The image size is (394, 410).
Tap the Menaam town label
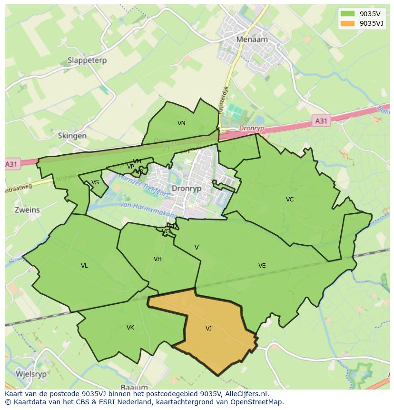click(252, 40)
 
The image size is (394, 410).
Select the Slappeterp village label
click(87, 60)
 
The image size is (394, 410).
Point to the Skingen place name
click(72, 136)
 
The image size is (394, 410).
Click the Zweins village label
click(27, 210)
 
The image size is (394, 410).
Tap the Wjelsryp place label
click(31, 374)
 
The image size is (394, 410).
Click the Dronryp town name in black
click(187, 189)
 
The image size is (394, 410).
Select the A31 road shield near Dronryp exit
click(321, 121)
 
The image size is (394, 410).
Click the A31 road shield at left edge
click(11, 164)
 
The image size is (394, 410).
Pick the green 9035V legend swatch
click(348, 14)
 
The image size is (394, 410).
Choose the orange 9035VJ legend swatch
click(348, 23)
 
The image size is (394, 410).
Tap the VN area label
click(181, 123)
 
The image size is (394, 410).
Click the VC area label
click(290, 200)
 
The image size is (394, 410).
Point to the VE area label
click(262, 266)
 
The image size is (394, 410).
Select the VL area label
click(84, 266)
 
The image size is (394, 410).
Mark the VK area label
click(130, 328)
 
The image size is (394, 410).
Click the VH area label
click(158, 259)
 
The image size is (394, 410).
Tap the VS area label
click(95, 182)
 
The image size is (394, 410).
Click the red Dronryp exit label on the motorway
click(251, 129)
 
